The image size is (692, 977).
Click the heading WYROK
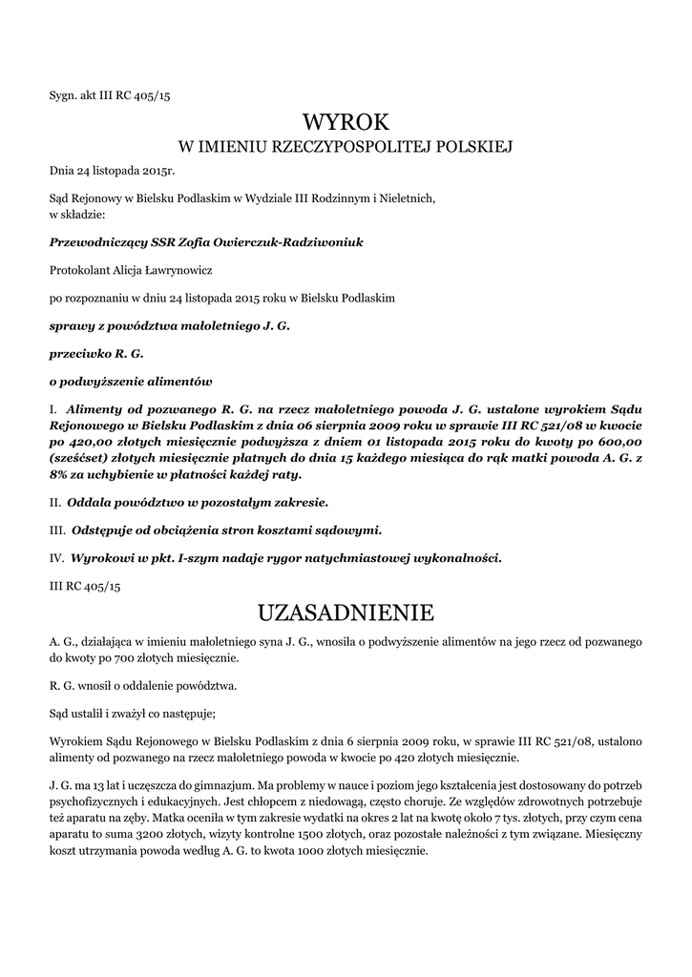pos(346,122)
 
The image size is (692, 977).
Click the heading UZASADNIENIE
pos(346,610)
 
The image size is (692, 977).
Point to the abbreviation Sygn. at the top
pos(62,95)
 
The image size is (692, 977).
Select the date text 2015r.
pos(158,171)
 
